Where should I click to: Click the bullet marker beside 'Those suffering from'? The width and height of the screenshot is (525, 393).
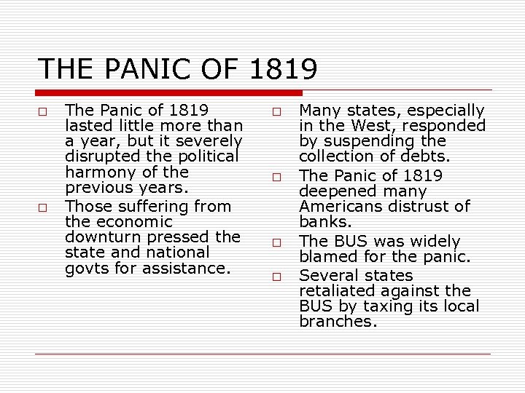(43, 207)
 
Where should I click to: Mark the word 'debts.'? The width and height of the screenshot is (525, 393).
(426, 156)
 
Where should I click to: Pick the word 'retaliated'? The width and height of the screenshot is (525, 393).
(338, 291)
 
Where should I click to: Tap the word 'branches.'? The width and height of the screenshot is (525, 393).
(338, 322)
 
